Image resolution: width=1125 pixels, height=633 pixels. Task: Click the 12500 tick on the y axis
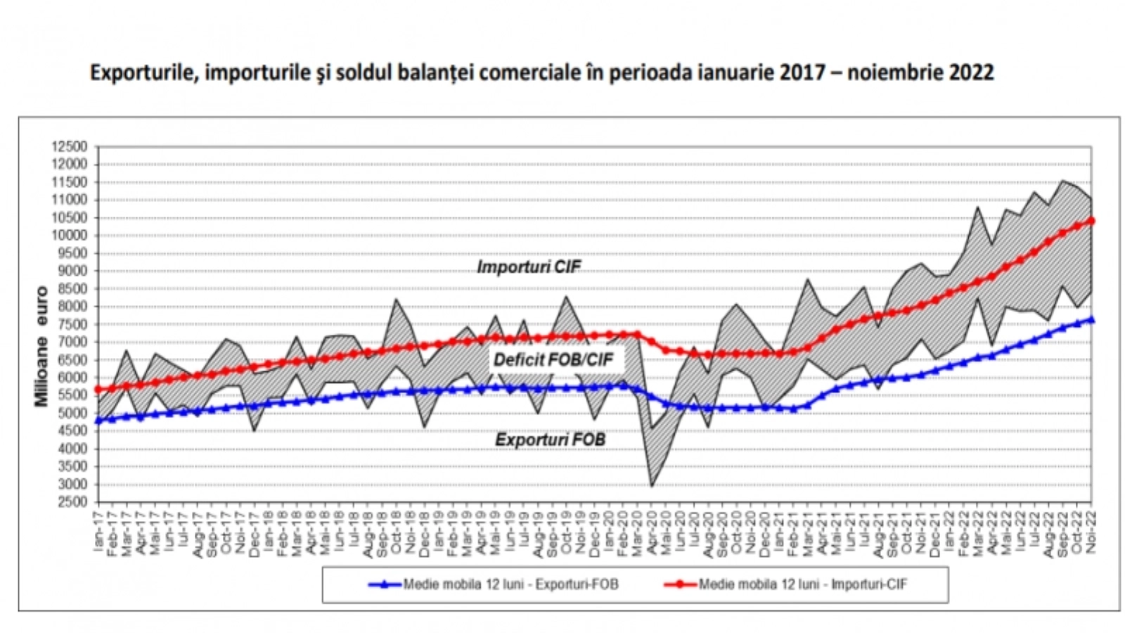[x=69, y=147]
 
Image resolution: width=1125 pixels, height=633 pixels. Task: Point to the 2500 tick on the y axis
[x=72, y=502]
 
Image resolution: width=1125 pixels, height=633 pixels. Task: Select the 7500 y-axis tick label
[x=72, y=324]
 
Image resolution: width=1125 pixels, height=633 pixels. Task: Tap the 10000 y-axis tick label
[x=69, y=236]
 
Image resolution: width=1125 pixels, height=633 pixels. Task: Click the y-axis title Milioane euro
[x=41, y=346]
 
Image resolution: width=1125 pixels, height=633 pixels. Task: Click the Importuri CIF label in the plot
[x=529, y=267]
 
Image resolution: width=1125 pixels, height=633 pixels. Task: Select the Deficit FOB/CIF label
[x=553, y=360]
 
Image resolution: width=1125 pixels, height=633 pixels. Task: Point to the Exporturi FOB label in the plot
[x=550, y=440]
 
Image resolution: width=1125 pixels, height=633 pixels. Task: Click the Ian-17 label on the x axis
[x=98, y=531]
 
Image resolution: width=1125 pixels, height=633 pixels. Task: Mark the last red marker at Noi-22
[x=1091, y=221]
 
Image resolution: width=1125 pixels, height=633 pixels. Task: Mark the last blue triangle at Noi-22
[x=1091, y=319]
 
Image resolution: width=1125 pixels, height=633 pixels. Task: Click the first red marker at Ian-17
[x=98, y=389]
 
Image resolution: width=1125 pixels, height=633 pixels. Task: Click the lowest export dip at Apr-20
[x=652, y=485]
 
